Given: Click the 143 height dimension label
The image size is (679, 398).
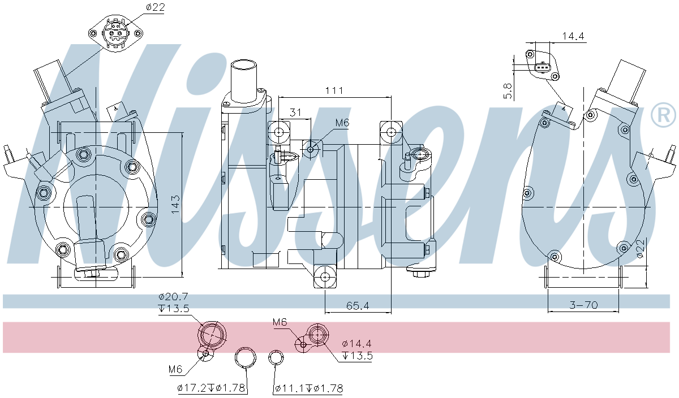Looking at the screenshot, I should click(x=176, y=204).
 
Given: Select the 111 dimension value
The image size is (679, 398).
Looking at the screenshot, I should click(x=334, y=90).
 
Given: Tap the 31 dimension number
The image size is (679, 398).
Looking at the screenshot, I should click(x=295, y=113).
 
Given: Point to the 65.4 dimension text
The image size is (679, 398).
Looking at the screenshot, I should click(x=358, y=306).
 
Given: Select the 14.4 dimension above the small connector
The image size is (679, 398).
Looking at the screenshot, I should click(x=573, y=37).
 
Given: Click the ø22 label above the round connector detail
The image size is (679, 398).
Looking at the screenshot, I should click(x=139, y=7).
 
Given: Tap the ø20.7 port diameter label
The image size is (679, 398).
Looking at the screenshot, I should click(x=173, y=297).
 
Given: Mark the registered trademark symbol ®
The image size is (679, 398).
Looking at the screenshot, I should click(x=663, y=115).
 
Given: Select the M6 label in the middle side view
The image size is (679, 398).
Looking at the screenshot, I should click(x=342, y=122).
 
